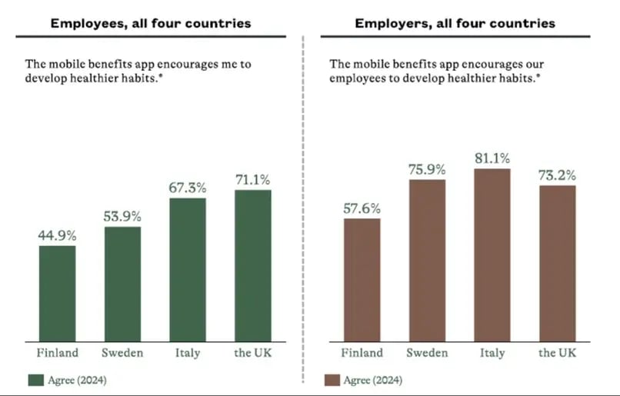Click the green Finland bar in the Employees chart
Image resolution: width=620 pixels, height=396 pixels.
[57, 294]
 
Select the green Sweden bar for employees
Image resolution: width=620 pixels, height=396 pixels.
[122, 285]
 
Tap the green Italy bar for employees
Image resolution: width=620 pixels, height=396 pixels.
[187, 270]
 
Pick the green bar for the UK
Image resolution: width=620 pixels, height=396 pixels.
[253, 266]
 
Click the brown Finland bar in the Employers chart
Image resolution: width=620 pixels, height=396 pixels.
[362, 280]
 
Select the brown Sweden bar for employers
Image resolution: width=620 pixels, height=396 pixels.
[427, 261]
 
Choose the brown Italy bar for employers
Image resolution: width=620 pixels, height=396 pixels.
[492, 255]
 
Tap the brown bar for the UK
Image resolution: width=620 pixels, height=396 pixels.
[558, 263]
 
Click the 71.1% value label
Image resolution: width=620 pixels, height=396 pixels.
[253, 180]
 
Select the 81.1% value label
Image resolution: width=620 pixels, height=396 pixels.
[492, 158]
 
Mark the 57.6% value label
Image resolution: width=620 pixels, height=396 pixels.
[362, 208]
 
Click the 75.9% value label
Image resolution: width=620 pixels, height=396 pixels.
[427, 170]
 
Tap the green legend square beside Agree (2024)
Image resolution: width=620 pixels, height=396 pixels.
[35, 380]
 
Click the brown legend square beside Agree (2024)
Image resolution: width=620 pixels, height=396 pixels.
[332, 380]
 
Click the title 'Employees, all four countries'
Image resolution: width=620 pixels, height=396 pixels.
[151, 23]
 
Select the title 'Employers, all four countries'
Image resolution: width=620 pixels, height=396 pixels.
[455, 23]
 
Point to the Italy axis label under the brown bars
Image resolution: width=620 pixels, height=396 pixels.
[492, 353]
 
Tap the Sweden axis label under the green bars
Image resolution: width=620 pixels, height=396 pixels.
[122, 353]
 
